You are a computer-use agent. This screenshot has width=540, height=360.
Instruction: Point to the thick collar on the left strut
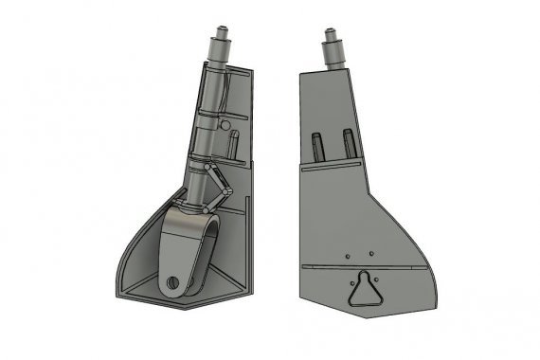click(218, 58)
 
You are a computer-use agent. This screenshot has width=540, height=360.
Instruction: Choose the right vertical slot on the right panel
click(348, 142)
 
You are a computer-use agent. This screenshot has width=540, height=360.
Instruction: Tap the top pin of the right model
click(333, 36)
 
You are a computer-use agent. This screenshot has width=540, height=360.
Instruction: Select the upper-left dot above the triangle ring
click(349, 255)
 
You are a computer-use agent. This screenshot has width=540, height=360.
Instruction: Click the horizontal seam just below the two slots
click(332, 162)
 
